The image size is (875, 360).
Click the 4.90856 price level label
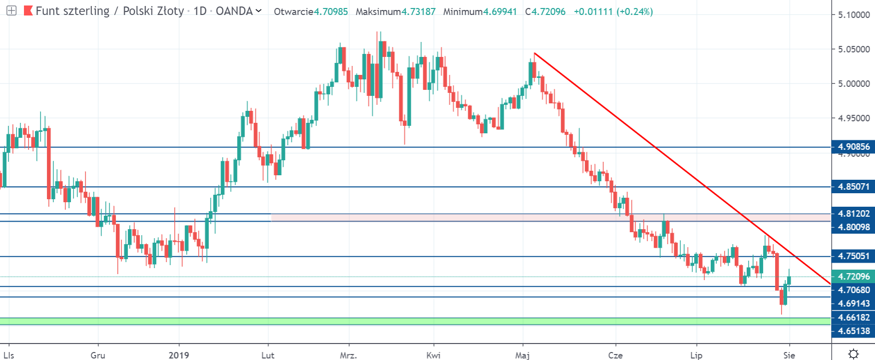853,147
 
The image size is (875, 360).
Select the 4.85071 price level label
853,187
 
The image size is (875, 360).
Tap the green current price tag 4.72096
853,277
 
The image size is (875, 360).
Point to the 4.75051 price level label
853,256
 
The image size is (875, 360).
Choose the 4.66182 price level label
853,318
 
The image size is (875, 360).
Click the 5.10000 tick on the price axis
853,15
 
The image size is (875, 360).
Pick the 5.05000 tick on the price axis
853,49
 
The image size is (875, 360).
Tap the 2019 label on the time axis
179,355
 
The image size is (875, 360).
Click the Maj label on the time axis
523,355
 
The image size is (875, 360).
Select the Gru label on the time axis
98,355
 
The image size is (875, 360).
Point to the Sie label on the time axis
789,355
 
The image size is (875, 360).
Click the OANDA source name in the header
234,11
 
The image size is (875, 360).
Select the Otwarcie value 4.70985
330,11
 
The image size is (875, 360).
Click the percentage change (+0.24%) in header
634,11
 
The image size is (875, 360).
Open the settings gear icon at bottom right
853,354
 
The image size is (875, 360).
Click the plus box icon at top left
11,10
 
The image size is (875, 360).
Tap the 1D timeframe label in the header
200,11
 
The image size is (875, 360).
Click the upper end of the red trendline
535,53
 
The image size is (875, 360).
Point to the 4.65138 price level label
853,331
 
